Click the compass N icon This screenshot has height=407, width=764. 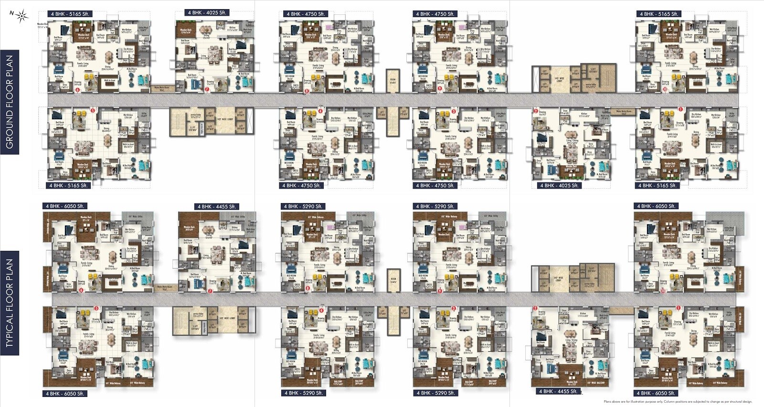[x=21, y=17]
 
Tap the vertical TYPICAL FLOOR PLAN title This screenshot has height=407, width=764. [x=10, y=304]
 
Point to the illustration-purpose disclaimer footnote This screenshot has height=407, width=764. [x=678, y=402]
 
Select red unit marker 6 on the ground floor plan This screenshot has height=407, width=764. [x=78, y=89]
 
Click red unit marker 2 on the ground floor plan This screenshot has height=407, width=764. [x=536, y=111]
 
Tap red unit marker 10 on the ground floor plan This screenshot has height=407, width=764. [x=665, y=89]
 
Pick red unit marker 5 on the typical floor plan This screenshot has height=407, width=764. [x=97, y=309]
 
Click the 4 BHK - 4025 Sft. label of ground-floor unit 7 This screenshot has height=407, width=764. [x=206, y=12]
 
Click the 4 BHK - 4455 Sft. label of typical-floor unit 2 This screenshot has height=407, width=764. [x=558, y=391]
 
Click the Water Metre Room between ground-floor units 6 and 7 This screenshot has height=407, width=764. [x=161, y=88]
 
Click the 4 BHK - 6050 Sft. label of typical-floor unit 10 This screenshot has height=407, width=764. [x=656, y=206]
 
